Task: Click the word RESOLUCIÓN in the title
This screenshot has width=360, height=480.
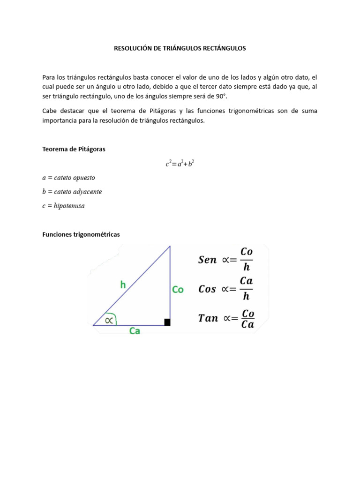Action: point(133,48)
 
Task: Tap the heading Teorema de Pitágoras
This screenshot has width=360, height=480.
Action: point(74,149)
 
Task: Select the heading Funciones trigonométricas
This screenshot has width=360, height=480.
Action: point(81,234)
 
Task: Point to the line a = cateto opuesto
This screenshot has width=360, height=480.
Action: point(68,178)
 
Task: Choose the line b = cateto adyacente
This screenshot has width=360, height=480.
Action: point(72,192)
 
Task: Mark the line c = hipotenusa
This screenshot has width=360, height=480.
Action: point(63,206)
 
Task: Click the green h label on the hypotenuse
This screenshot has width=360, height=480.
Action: point(123,284)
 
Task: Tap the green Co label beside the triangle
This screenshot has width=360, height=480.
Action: point(178,290)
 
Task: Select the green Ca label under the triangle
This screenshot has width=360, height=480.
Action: point(135,331)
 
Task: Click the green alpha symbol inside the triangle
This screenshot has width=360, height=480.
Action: point(109,320)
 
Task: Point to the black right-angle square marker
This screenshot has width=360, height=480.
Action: point(167,322)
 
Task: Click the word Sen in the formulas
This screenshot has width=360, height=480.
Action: point(207,260)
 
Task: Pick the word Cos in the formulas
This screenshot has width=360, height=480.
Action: point(207,289)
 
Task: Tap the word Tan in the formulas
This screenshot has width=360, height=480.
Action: point(208,318)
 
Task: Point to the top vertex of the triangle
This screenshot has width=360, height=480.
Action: point(170,246)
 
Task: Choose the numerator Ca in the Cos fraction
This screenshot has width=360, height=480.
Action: point(246,281)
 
